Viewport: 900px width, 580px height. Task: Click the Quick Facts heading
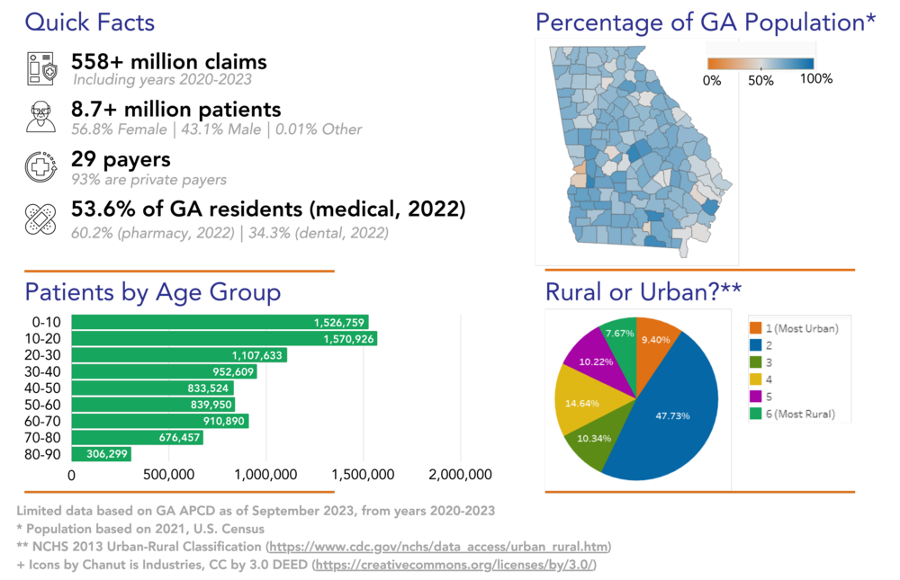(x=89, y=22)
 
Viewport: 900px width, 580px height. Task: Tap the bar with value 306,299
(x=101, y=455)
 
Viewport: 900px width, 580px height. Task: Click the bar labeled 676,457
(x=137, y=438)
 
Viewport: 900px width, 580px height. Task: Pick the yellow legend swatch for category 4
(x=756, y=379)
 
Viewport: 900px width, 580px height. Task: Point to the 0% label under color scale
(x=712, y=81)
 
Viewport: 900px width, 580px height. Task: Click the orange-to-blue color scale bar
(x=760, y=64)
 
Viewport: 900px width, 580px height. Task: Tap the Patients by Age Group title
(x=152, y=293)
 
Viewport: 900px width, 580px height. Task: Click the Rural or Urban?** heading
(x=642, y=293)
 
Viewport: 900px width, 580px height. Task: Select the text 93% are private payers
(x=148, y=180)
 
